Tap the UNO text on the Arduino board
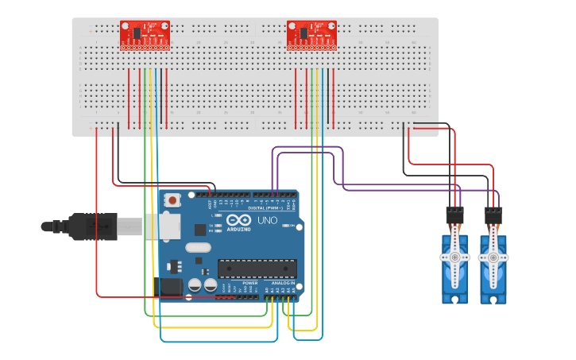[267, 220]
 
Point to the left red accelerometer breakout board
[145, 35]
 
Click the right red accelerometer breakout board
[311, 35]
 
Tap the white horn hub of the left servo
[454, 257]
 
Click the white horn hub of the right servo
[493, 257]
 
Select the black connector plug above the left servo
[454, 215]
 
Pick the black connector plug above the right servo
[493, 215]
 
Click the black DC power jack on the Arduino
[171, 288]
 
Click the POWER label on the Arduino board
[249, 283]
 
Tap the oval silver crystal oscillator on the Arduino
[199, 247]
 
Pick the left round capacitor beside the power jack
[195, 285]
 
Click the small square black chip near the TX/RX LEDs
[199, 229]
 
